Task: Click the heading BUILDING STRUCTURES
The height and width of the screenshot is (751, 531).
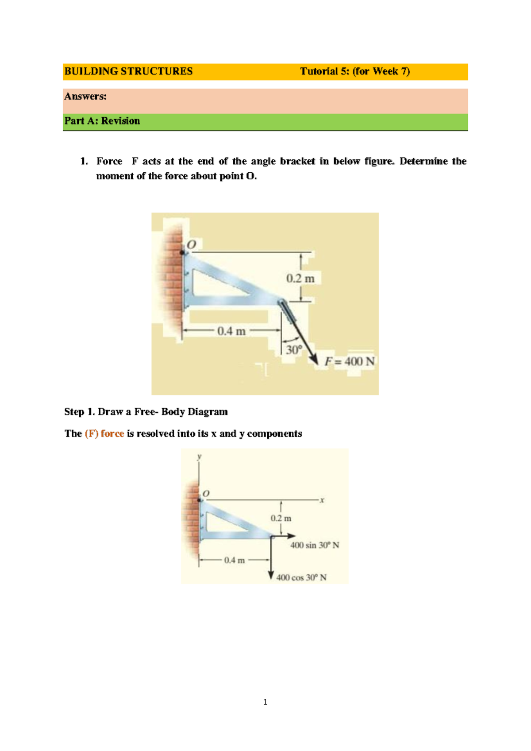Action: coord(128,71)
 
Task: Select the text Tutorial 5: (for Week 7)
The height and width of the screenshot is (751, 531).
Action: coord(355,71)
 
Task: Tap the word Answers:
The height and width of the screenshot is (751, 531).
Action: coord(85,96)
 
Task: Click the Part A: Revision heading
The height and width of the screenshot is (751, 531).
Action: coord(102,121)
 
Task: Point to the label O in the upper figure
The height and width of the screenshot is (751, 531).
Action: coord(191,244)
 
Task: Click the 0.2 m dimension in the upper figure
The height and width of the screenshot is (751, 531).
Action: coord(300,279)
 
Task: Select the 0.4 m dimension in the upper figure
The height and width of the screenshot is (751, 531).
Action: coord(231,331)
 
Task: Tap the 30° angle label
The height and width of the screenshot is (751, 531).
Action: coord(293,350)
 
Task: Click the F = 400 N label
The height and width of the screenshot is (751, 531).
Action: coord(350,361)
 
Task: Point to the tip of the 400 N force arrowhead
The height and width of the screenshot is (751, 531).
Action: coord(317,364)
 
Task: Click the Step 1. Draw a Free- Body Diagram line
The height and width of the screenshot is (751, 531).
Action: coord(146,412)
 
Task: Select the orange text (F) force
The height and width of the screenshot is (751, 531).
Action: coord(104,434)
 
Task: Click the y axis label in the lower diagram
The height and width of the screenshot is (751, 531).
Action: coord(200,456)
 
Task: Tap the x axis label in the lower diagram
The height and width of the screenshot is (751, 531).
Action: coord(322,500)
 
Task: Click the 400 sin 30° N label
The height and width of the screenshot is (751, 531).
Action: coord(315,545)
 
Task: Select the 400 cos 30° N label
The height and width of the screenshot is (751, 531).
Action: coord(301,577)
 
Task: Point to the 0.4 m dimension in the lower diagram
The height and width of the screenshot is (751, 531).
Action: coord(234,560)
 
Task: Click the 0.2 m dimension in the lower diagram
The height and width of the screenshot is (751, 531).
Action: coord(281,518)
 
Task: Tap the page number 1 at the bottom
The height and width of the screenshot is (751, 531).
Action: coord(265,702)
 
